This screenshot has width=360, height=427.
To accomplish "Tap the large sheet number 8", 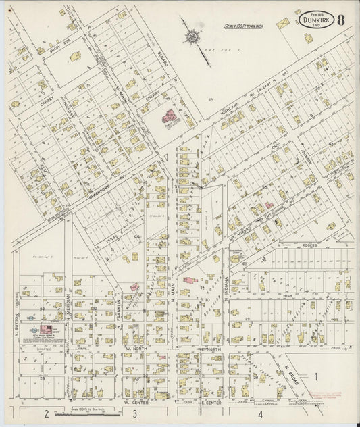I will point(343,19).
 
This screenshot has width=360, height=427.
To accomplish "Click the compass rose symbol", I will point(192,35).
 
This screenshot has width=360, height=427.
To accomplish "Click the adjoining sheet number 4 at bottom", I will point(260,413).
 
